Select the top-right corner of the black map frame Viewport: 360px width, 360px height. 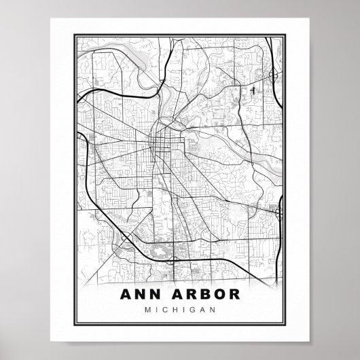coord(289,31)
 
